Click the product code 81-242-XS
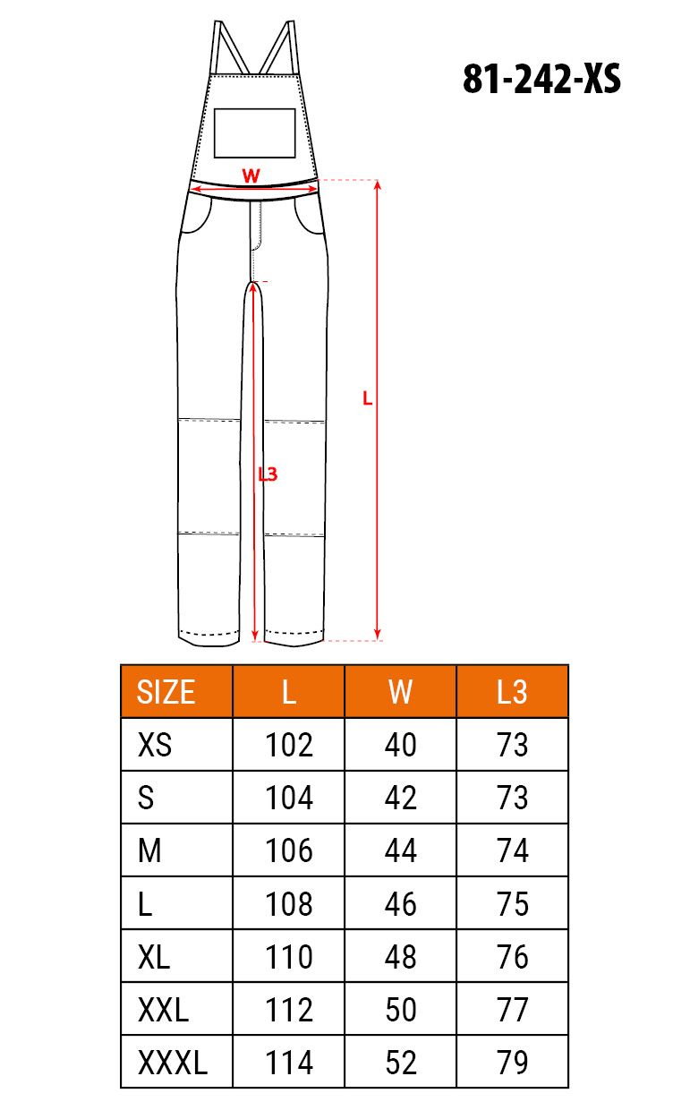[x=541, y=79]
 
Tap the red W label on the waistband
[x=251, y=175]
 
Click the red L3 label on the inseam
[x=268, y=474]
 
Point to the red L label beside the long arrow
[x=368, y=398]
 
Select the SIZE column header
[x=166, y=692]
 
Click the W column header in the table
[x=400, y=692]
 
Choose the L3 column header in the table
[x=512, y=692]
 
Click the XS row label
[x=155, y=744]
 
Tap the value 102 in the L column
[x=289, y=744]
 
